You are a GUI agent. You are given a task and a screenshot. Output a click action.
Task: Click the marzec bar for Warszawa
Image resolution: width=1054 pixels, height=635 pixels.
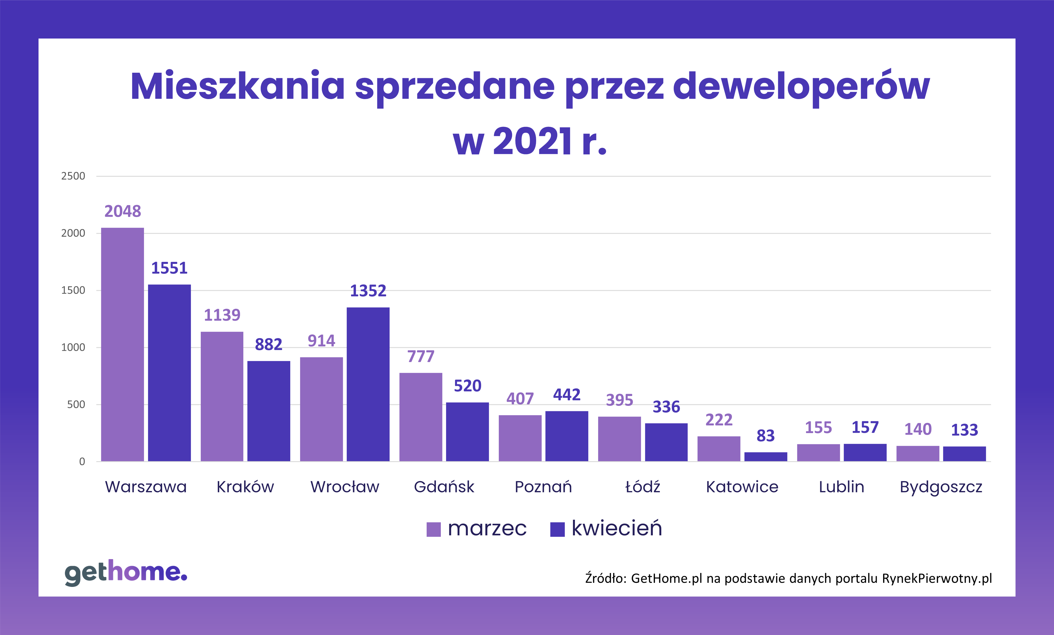pos(122,344)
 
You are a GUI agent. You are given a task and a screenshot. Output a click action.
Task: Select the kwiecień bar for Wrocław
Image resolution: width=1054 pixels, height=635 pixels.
pos(368,384)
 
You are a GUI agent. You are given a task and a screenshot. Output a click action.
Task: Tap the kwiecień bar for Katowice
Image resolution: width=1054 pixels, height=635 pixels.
pos(766,457)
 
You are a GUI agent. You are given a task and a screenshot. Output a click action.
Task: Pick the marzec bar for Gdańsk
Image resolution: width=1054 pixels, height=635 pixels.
pos(421,417)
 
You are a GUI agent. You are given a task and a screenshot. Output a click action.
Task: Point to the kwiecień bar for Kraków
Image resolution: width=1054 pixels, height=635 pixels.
pos(268,411)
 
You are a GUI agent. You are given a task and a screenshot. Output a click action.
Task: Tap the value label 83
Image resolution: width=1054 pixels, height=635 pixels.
pos(766,436)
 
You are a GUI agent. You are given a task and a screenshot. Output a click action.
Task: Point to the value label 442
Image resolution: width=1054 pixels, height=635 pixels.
pos(567,395)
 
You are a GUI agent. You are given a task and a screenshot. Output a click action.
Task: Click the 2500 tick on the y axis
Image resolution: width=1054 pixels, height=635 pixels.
pos(73,176)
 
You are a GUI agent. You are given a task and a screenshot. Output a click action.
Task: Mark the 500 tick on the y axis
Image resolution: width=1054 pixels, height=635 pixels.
pos(76,404)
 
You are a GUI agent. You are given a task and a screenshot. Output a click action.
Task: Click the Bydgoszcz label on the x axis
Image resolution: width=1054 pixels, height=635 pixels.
pos(941,487)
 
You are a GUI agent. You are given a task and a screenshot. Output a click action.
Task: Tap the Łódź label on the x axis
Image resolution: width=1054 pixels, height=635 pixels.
pos(642,486)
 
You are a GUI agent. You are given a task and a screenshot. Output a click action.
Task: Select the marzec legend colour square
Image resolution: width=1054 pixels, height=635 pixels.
pos(433,529)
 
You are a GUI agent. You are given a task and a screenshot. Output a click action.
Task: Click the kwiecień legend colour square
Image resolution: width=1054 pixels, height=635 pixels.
pos(557,529)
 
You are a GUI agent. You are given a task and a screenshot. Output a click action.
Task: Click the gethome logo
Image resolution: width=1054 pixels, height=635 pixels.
pos(126,572)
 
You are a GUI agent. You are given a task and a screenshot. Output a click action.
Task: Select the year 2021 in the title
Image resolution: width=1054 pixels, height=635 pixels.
pos(532,141)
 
